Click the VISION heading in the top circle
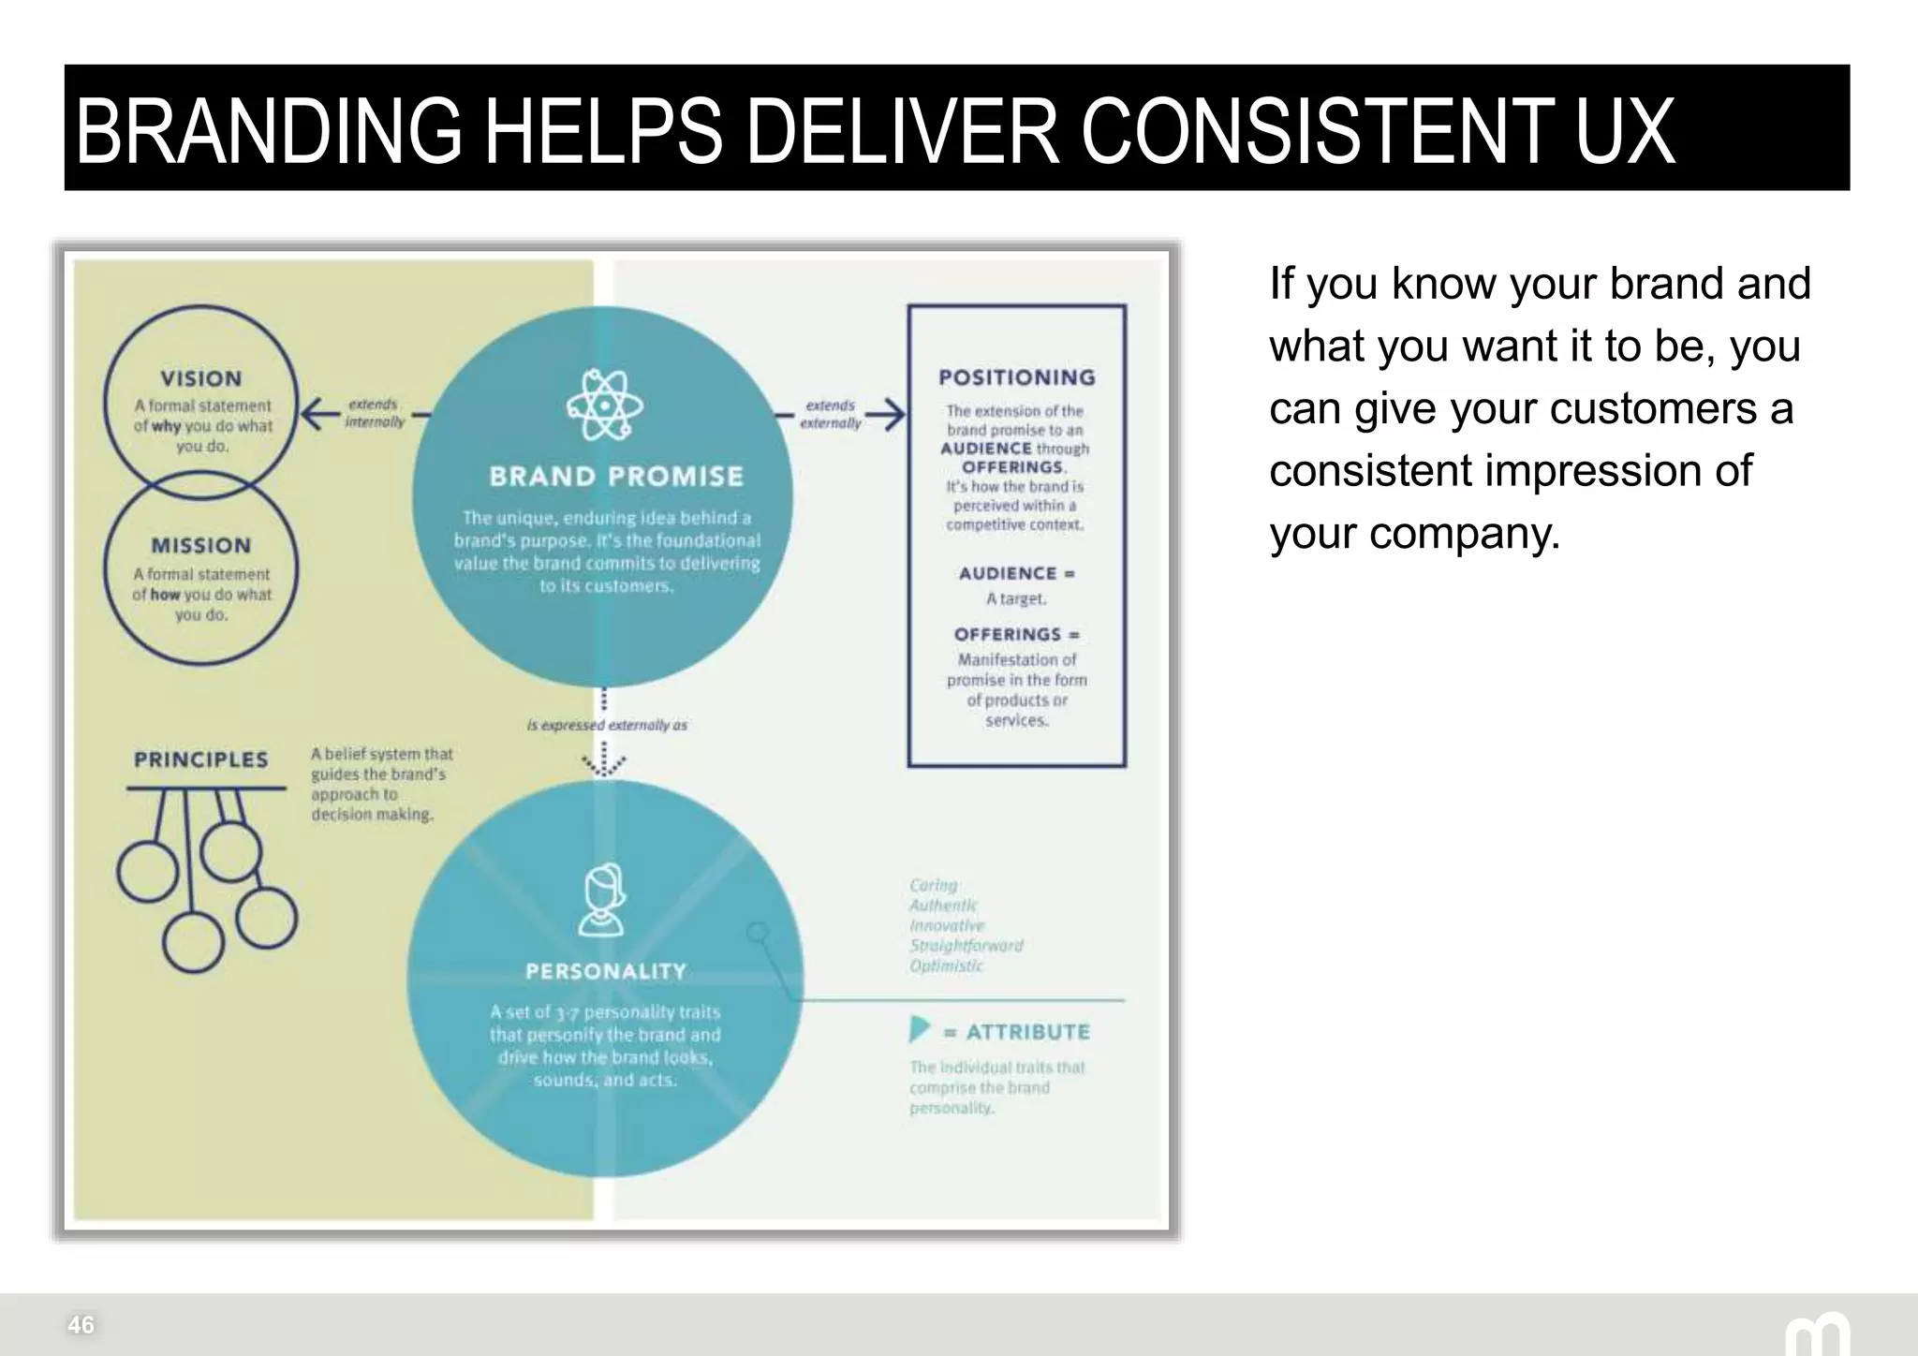pos(200,378)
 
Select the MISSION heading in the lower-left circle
pos(200,545)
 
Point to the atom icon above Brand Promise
pos(605,405)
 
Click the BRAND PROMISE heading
pos(615,477)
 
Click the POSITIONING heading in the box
pos(1016,377)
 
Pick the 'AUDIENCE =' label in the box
pos(1016,573)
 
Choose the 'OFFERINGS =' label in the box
pos(1016,634)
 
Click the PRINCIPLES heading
pos(200,759)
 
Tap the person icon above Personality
pos(602,899)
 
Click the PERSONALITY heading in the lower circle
pos(606,971)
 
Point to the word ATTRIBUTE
pos(1027,1032)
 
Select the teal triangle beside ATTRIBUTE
pos(919,1030)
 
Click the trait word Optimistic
pos(946,965)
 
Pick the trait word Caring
pos(934,885)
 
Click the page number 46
pos(81,1324)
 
